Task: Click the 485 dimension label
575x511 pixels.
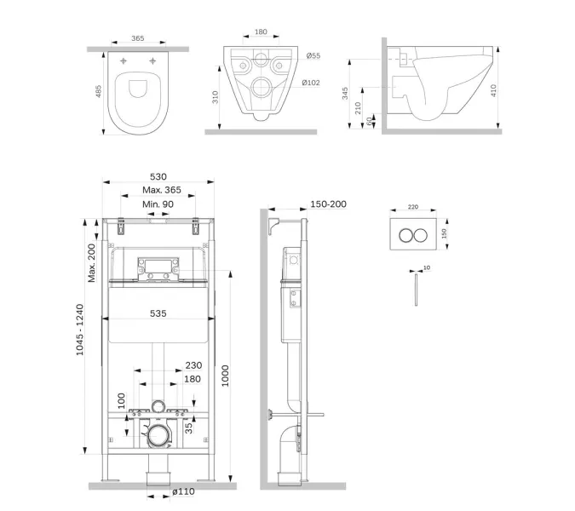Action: (98, 91)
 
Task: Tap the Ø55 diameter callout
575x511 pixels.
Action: (313, 55)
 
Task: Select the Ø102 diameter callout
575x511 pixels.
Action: (311, 83)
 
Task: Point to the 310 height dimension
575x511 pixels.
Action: (216, 97)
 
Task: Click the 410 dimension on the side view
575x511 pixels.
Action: (493, 90)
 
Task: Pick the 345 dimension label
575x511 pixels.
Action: (345, 93)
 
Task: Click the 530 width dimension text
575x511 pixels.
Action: (158, 176)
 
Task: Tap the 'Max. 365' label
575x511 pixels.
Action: (162, 190)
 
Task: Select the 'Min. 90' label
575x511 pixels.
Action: (158, 204)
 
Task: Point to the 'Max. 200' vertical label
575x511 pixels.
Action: (91, 263)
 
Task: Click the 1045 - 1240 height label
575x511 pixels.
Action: (79, 330)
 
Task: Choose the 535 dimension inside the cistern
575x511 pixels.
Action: (158, 313)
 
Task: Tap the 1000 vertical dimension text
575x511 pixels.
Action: (225, 376)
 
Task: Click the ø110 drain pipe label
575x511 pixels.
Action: (183, 491)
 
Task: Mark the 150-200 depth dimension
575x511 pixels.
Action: (328, 204)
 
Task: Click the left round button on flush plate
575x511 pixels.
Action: (406, 235)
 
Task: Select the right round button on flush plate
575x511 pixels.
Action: (420, 235)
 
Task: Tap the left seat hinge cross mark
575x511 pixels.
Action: (124, 60)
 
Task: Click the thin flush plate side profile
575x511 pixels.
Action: (416, 290)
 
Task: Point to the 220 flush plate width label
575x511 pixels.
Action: (413, 207)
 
